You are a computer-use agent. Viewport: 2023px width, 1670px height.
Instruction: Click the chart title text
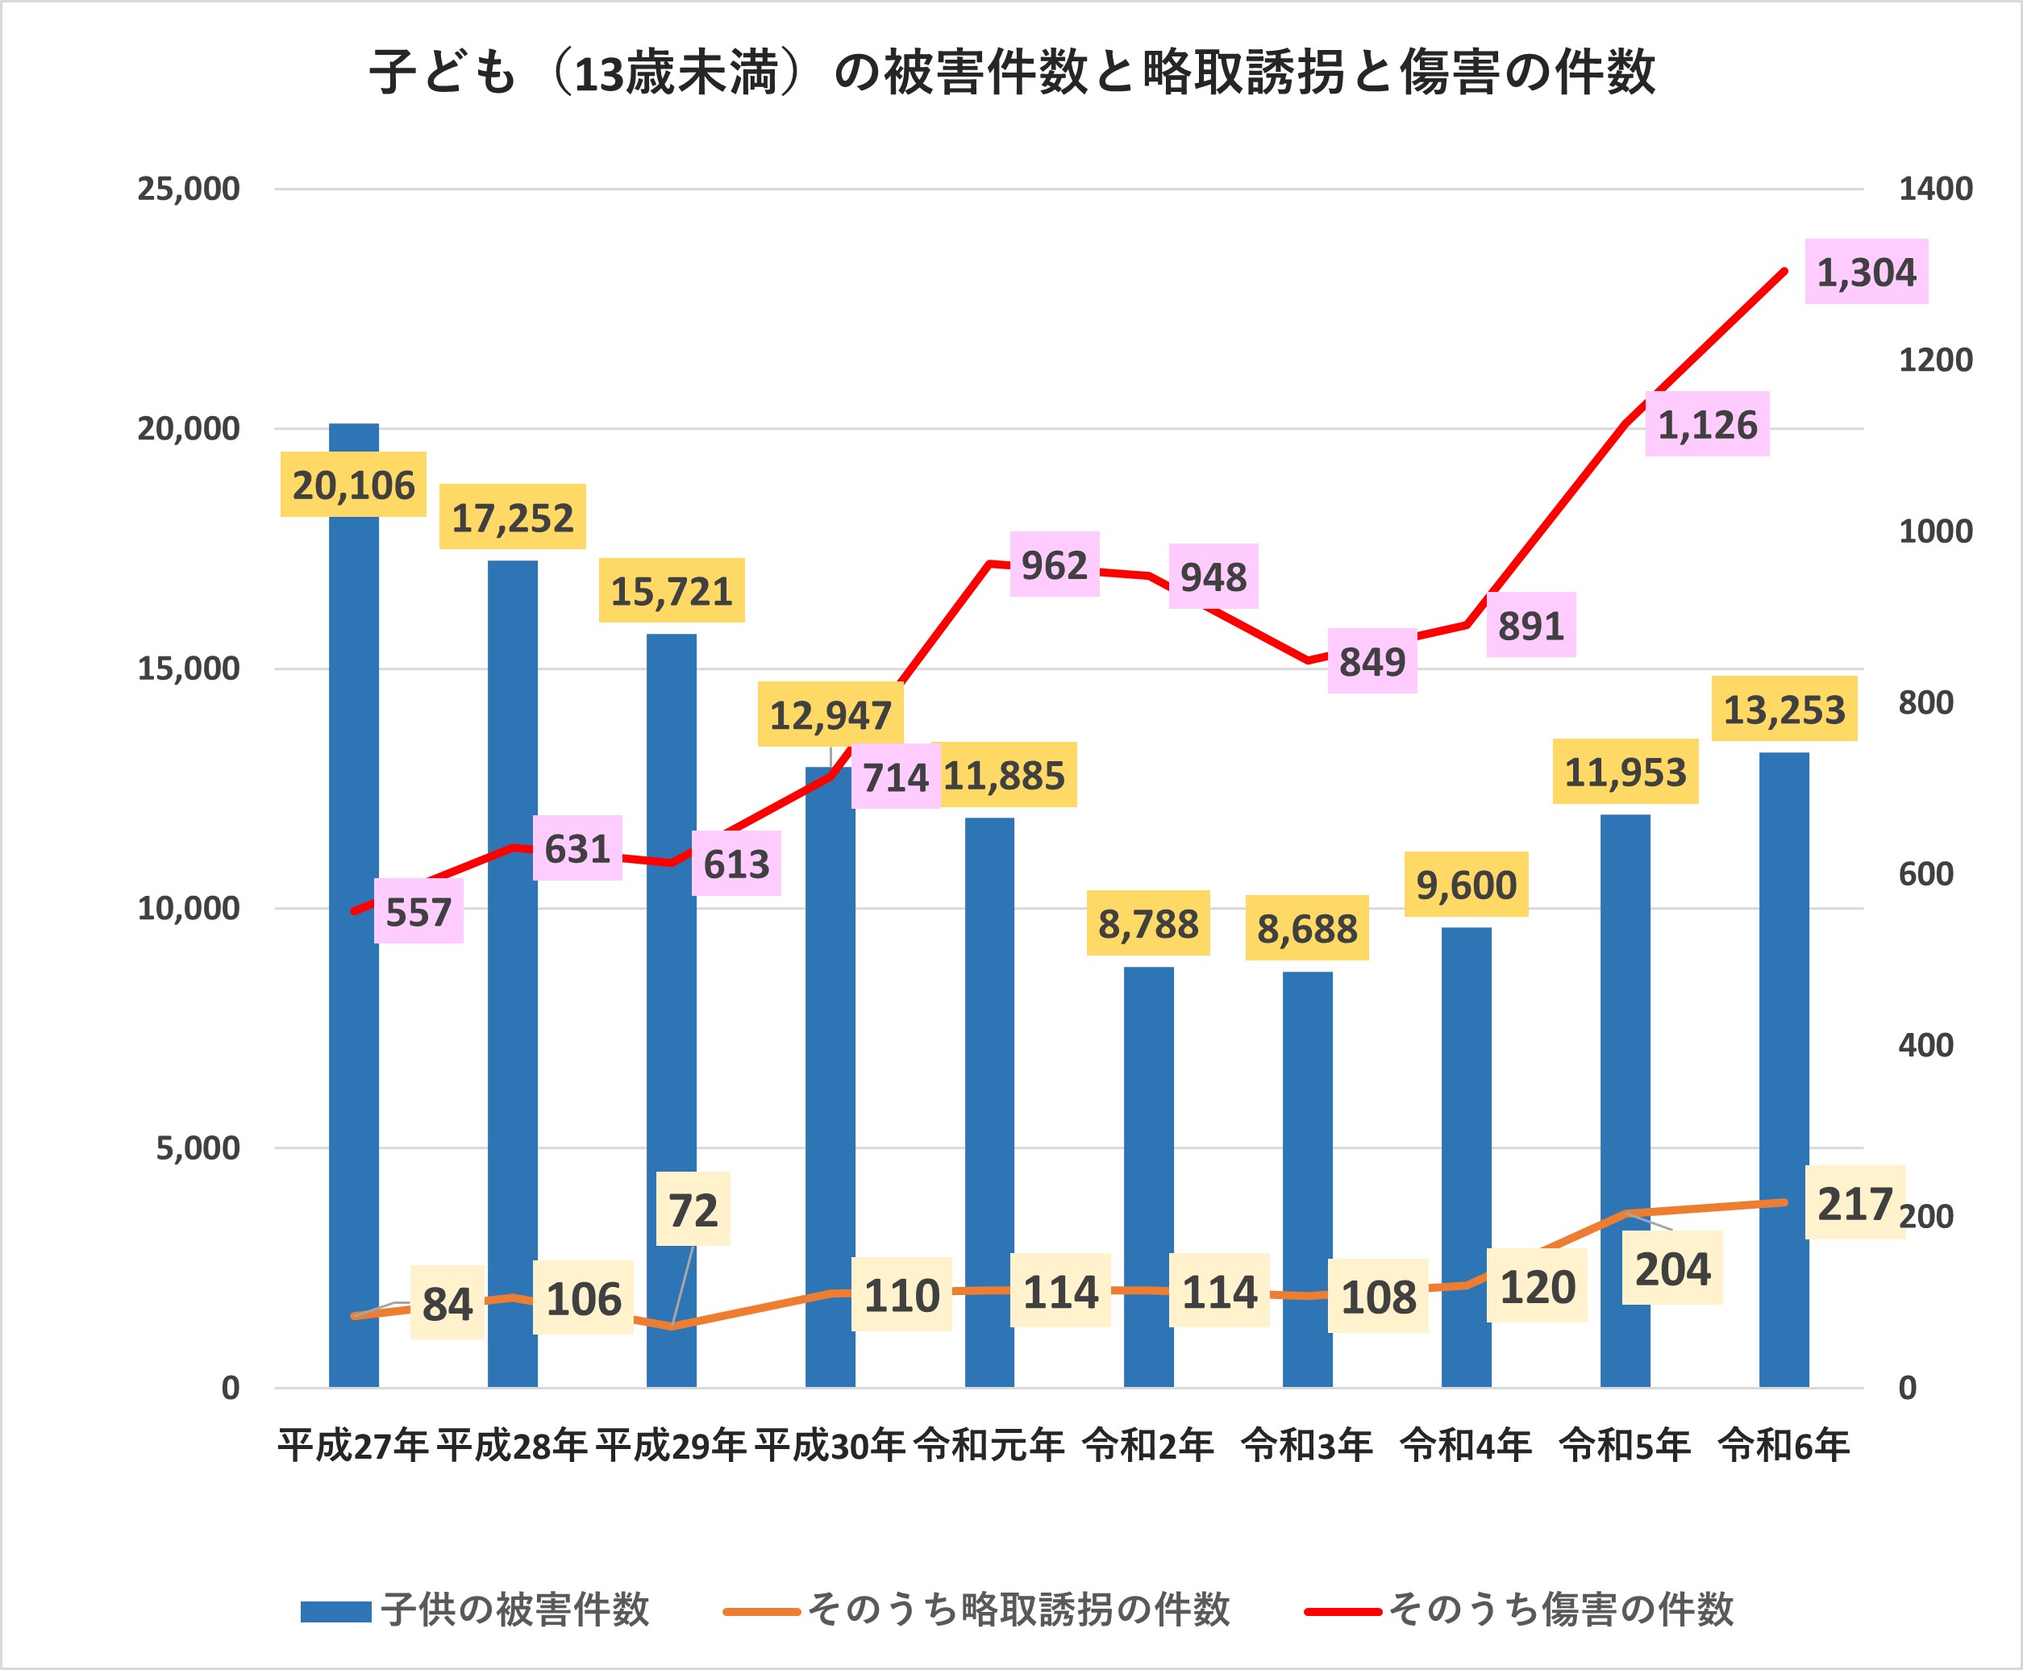[x=1011, y=72]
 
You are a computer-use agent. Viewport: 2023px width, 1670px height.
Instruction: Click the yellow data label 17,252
[x=513, y=518]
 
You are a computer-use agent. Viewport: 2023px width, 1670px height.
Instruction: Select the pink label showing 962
[x=1055, y=564]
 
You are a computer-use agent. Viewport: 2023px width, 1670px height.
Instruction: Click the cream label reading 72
[x=693, y=1210]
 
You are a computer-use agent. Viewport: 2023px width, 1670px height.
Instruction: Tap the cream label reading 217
[x=1854, y=1203]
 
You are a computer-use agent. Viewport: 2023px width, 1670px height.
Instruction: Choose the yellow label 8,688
[x=1306, y=928]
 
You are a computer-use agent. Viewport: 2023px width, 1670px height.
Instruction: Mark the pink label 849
[x=1372, y=662]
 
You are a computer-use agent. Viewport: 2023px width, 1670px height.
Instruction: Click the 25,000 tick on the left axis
[x=189, y=189]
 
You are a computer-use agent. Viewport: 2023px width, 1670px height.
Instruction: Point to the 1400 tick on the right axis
[x=1934, y=189]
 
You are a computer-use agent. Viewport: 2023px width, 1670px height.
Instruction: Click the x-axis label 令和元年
[x=989, y=1445]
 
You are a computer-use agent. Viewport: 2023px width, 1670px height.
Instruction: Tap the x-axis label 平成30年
[x=829, y=1445]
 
